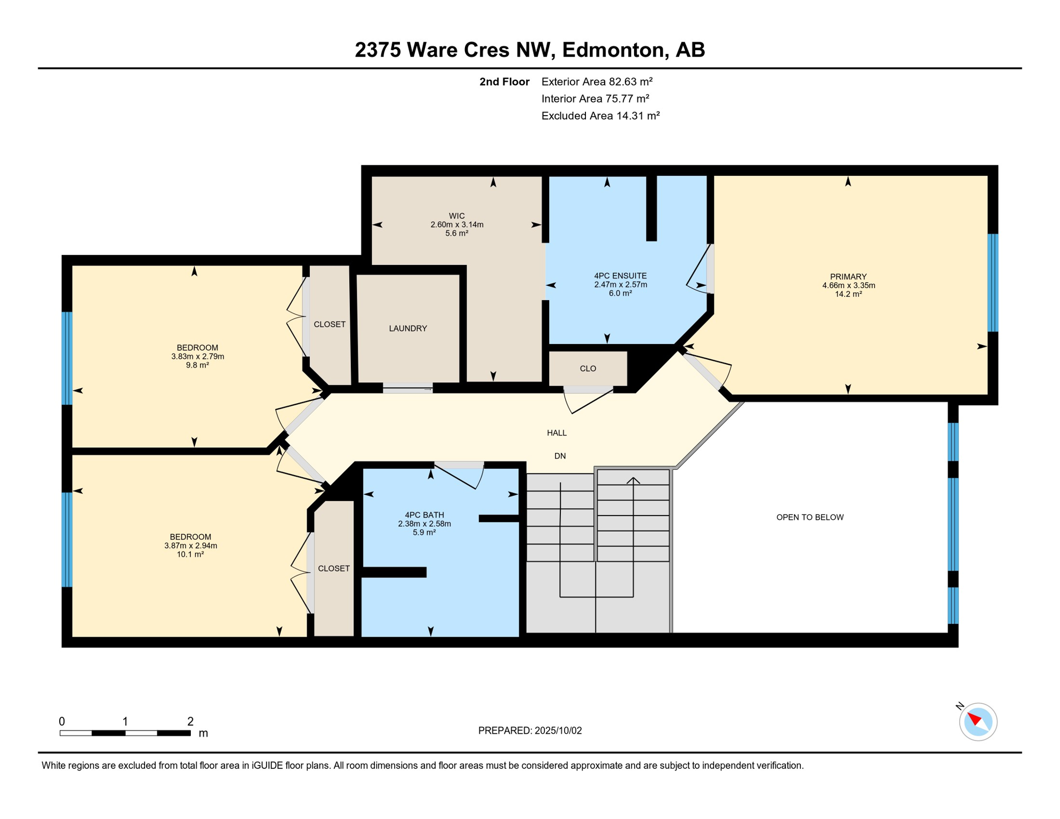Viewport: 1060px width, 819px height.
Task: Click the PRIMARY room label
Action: point(848,277)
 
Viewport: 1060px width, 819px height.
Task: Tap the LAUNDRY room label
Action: point(408,328)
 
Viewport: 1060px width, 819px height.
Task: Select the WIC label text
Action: point(456,216)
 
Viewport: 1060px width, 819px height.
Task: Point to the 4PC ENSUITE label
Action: point(620,276)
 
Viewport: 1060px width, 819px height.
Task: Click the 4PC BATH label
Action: point(424,515)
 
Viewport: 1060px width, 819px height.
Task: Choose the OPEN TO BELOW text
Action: point(810,517)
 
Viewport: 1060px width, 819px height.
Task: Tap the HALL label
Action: point(557,433)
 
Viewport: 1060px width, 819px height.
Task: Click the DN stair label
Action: point(560,456)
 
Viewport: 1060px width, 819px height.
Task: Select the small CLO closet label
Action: point(588,368)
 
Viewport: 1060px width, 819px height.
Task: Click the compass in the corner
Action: point(978,722)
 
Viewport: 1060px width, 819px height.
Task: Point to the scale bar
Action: point(125,733)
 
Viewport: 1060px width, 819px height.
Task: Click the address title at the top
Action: point(530,50)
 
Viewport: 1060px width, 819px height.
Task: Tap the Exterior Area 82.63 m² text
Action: point(597,82)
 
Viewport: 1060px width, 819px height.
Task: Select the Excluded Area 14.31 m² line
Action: point(601,116)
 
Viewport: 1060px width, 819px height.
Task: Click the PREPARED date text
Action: point(530,730)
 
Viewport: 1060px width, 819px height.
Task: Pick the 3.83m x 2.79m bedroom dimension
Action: point(197,356)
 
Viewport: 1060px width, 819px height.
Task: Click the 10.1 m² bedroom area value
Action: point(190,555)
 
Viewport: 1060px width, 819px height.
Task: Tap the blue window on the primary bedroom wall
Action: point(993,283)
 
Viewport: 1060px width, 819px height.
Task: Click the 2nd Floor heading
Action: point(504,82)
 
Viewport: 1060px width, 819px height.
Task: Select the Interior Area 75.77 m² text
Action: point(596,99)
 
